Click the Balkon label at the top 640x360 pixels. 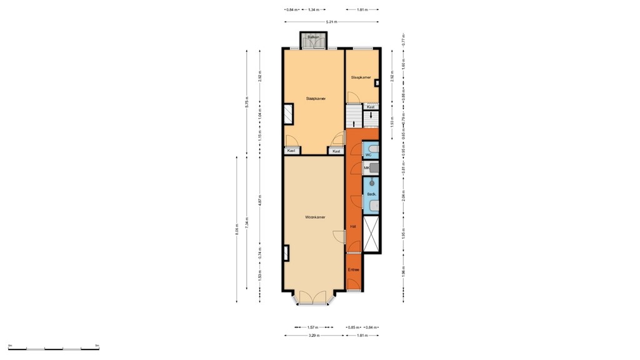[313, 37]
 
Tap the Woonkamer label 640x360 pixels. [315, 217]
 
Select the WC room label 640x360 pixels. [368, 154]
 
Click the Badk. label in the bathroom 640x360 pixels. [371, 194]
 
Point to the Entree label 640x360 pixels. [354, 270]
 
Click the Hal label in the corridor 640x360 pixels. [352, 226]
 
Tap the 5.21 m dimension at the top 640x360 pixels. [331, 22]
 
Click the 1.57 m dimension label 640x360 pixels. [313, 327]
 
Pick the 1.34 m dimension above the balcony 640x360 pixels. [314, 10]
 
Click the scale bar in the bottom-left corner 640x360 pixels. [54, 348]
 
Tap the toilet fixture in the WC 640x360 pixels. [373, 148]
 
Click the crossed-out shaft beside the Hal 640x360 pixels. [371, 234]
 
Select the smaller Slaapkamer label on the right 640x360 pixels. [361, 77]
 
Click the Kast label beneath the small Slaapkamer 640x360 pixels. [371, 107]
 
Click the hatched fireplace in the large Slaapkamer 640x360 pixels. [288, 113]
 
